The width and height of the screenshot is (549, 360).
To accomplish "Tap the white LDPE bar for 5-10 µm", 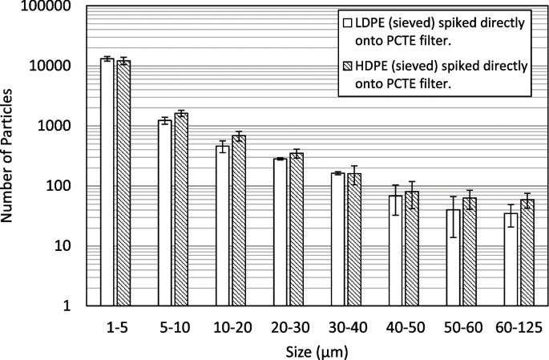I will pyautogui.click(x=164, y=212).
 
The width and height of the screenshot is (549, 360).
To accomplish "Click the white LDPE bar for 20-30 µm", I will pyautogui.click(x=280, y=233).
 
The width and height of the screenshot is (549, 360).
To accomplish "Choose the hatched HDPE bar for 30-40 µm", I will pyautogui.click(x=354, y=240).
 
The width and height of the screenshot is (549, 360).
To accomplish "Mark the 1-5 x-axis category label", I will pyautogui.click(x=115, y=327).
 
